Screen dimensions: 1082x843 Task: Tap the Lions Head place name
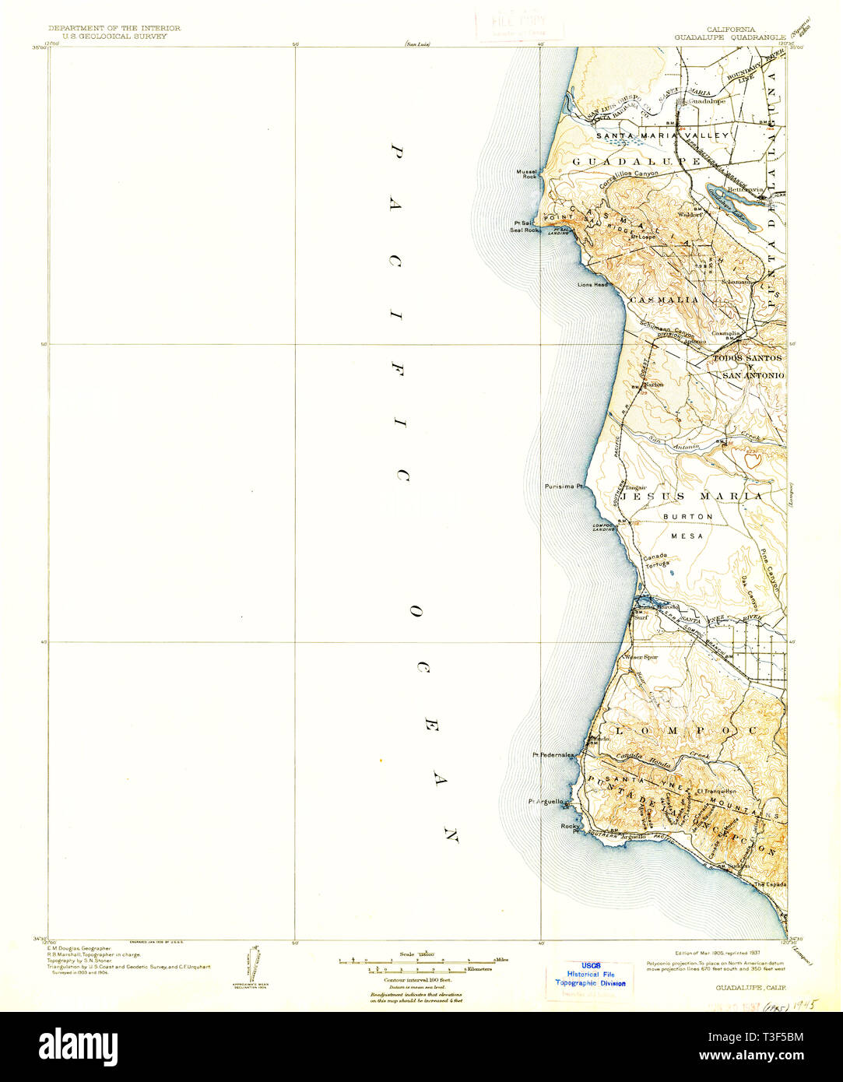coord(592,285)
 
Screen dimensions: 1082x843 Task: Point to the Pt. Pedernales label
coord(553,755)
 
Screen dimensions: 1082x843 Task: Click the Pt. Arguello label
coord(544,801)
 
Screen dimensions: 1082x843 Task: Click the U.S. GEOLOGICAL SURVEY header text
coord(114,36)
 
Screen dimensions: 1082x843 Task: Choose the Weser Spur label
coord(641,657)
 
